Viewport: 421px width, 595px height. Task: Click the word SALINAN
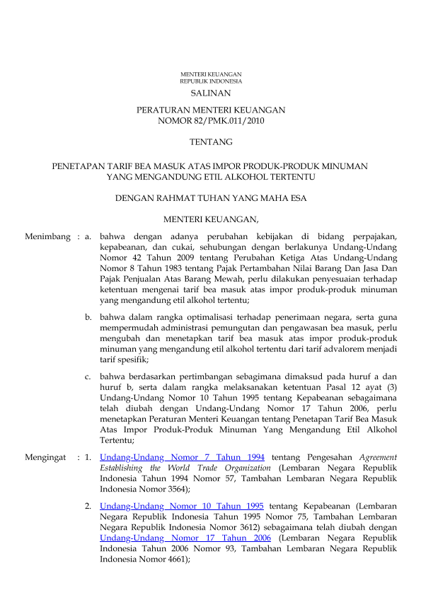pyautogui.click(x=211, y=93)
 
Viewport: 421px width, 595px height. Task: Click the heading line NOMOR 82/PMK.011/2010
pyautogui.click(x=211, y=121)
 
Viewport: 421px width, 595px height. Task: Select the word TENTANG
pyautogui.click(x=211, y=142)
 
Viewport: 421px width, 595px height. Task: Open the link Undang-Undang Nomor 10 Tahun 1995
pyautogui.click(x=183, y=506)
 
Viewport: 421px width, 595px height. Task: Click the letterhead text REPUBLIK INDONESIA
pyautogui.click(x=211, y=81)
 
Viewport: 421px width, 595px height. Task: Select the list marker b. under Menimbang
pyautogui.click(x=88, y=317)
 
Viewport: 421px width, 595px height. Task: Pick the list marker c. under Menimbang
pyautogui.click(x=88, y=376)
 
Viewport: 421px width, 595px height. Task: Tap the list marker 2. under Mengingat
pyautogui.click(x=88, y=506)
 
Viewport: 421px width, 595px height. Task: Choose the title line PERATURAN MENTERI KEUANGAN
pyautogui.click(x=211, y=110)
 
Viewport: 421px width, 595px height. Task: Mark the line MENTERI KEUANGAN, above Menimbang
pyautogui.click(x=211, y=218)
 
